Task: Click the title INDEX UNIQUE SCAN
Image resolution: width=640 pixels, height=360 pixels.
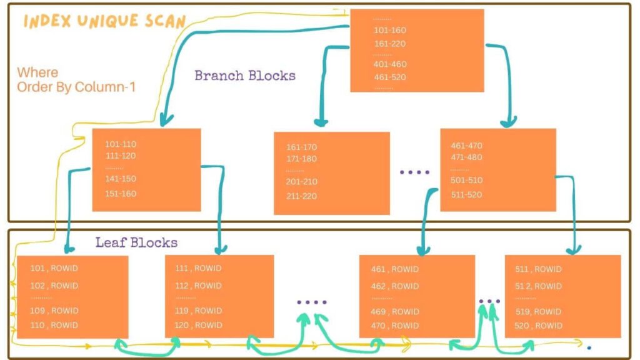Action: click(104, 21)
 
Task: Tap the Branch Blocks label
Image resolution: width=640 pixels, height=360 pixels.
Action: click(245, 76)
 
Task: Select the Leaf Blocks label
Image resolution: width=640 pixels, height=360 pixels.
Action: click(136, 242)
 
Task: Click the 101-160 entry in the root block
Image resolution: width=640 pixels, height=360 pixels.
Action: click(390, 30)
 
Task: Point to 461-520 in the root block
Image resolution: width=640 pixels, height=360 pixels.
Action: click(390, 77)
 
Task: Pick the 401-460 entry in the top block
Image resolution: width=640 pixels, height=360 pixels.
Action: click(390, 64)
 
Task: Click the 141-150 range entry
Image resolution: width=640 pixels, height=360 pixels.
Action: click(121, 179)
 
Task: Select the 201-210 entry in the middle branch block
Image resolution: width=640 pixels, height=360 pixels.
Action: click(302, 182)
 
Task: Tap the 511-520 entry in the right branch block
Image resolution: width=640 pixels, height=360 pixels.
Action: click(467, 194)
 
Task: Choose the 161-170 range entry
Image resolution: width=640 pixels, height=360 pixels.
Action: click(302, 147)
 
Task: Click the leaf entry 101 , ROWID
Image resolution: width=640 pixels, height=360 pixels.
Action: click(54, 269)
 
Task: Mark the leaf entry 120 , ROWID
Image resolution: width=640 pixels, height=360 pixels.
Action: click(198, 325)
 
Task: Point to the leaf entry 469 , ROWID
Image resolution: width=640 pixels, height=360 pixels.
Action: click(395, 311)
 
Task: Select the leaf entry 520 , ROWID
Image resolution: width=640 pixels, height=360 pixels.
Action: click(538, 326)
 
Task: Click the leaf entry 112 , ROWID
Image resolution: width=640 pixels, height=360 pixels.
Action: click(198, 286)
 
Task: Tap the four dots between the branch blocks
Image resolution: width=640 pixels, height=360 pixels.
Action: click(414, 172)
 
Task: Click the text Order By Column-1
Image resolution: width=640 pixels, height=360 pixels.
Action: click(76, 87)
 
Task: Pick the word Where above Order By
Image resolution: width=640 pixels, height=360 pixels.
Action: click(37, 72)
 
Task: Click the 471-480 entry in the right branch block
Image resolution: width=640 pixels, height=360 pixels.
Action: click(467, 157)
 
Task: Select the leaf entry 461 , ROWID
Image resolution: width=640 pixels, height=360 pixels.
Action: click(395, 269)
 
